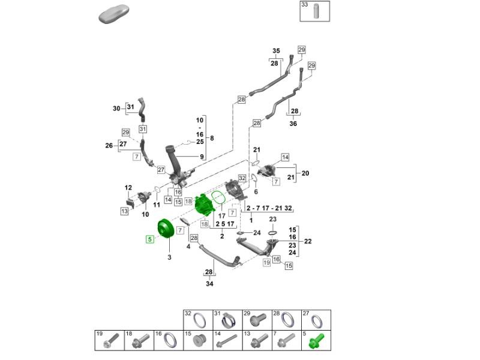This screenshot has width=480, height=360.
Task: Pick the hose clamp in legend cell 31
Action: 228,320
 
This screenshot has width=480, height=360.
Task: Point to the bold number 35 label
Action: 276,51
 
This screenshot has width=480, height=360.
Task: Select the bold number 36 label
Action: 293,124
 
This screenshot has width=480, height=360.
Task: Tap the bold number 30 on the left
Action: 116,109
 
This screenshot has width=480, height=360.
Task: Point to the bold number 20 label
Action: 305,173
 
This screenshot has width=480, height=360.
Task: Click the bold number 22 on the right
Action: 308,241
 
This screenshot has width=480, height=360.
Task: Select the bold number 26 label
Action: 109,145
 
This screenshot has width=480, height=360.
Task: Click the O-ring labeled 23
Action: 272,232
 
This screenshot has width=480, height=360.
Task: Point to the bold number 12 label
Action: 128,188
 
